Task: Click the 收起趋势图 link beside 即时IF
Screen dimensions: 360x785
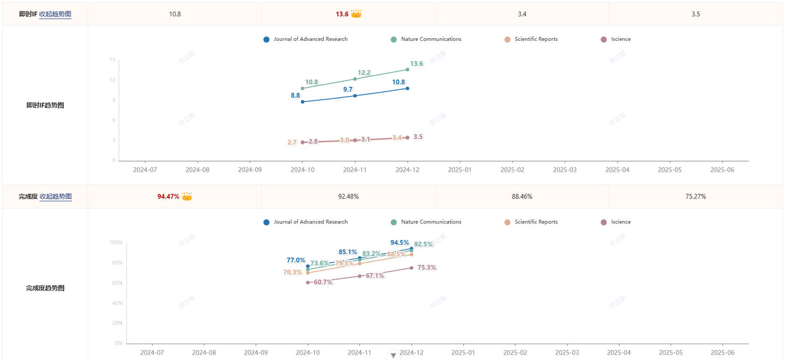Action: point(55,14)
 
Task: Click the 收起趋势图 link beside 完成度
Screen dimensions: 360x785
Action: point(56,196)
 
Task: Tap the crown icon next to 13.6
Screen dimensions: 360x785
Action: point(356,14)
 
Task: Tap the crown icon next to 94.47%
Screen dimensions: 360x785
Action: point(187,196)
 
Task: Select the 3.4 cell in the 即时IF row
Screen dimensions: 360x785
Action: point(522,14)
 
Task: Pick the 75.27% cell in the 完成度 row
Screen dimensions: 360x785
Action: point(696,196)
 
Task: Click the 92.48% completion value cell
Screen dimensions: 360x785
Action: point(348,196)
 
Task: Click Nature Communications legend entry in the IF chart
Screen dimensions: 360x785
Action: point(431,39)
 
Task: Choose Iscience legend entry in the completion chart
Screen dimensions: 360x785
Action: point(620,222)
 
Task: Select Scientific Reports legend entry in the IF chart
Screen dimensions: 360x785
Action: point(536,39)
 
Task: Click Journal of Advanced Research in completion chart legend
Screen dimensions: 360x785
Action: point(310,222)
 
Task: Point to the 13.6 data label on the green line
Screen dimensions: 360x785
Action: point(416,64)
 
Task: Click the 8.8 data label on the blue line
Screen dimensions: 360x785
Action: point(295,95)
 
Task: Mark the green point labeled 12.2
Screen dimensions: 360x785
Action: point(355,79)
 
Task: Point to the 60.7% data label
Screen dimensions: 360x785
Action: point(323,283)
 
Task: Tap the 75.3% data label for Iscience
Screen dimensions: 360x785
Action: point(427,268)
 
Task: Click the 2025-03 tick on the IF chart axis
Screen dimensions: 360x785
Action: point(565,170)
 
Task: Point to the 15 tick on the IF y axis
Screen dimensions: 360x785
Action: point(112,60)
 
